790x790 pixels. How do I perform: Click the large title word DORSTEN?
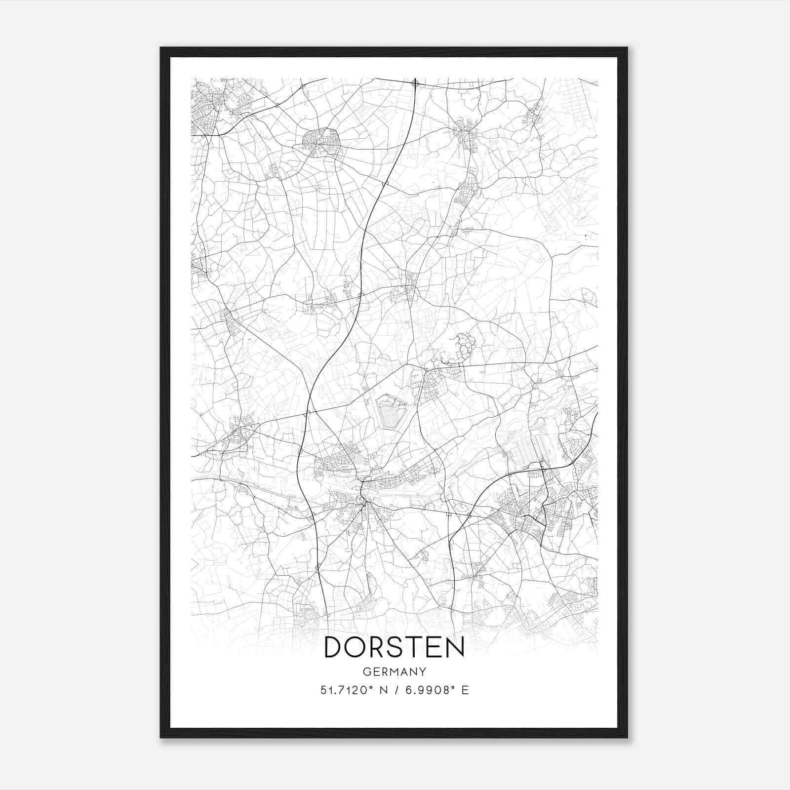tap(394, 647)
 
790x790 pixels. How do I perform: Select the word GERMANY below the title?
tap(394, 672)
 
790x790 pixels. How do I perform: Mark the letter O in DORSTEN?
tap(356, 647)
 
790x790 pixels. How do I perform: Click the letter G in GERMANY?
tap(366, 672)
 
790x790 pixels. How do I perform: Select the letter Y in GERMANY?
tap(423, 672)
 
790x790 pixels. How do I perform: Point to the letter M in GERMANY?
tap(395, 672)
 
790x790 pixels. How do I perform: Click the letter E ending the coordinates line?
tap(465, 690)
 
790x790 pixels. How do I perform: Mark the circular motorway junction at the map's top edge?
tap(415, 83)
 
